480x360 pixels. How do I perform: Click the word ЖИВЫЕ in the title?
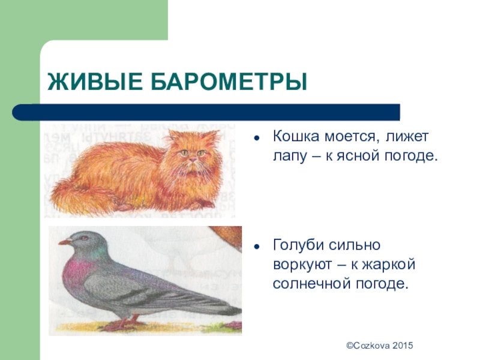point(95,82)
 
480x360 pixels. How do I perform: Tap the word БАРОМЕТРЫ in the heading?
point(229,82)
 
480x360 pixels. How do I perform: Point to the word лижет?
point(407,136)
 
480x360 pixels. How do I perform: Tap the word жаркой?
point(389,263)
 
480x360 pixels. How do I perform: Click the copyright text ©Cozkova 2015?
point(380,346)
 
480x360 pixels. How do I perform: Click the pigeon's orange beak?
point(65,242)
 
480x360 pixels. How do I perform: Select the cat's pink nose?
point(193,160)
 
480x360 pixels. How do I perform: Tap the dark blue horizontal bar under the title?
point(206,112)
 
